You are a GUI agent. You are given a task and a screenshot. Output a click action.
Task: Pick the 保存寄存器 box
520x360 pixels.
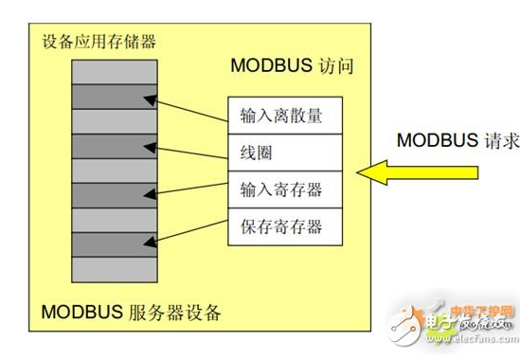click(281, 225)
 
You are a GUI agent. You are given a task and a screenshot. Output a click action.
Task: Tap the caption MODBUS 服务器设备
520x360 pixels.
click(132, 313)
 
